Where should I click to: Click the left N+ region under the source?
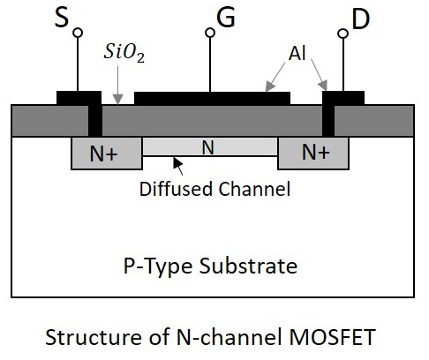(x=104, y=153)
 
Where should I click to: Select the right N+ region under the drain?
(x=315, y=153)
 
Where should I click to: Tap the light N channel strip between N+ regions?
(x=208, y=146)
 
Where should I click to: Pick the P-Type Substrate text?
(x=210, y=266)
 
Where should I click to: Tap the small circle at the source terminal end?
(x=77, y=33)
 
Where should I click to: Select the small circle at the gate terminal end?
(x=210, y=33)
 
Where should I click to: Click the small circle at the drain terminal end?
(x=343, y=33)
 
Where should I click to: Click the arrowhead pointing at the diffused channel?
(x=177, y=161)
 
